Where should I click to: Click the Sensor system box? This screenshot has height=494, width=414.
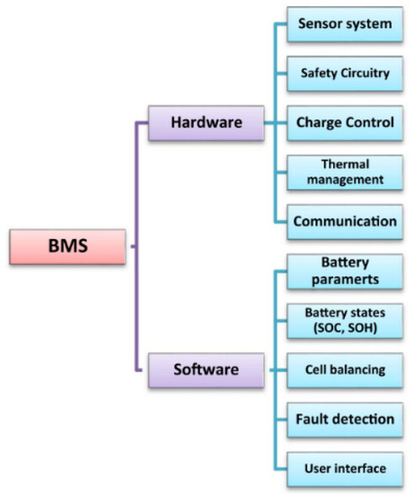(x=344, y=23)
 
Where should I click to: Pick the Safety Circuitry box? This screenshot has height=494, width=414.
(x=344, y=73)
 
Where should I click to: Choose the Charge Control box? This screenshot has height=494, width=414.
(x=344, y=122)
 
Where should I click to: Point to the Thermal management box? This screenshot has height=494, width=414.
(x=344, y=172)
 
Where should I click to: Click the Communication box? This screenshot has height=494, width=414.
(x=344, y=220)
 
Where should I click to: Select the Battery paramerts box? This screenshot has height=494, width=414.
(x=344, y=270)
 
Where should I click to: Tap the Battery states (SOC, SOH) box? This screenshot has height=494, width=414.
(x=344, y=319)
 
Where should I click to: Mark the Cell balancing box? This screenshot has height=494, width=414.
(x=344, y=368)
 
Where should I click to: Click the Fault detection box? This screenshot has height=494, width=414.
(x=344, y=418)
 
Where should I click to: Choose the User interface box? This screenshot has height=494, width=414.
(x=344, y=467)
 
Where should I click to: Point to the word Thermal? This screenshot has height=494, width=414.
(x=344, y=164)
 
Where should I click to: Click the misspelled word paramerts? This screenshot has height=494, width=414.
(x=344, y=278)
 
